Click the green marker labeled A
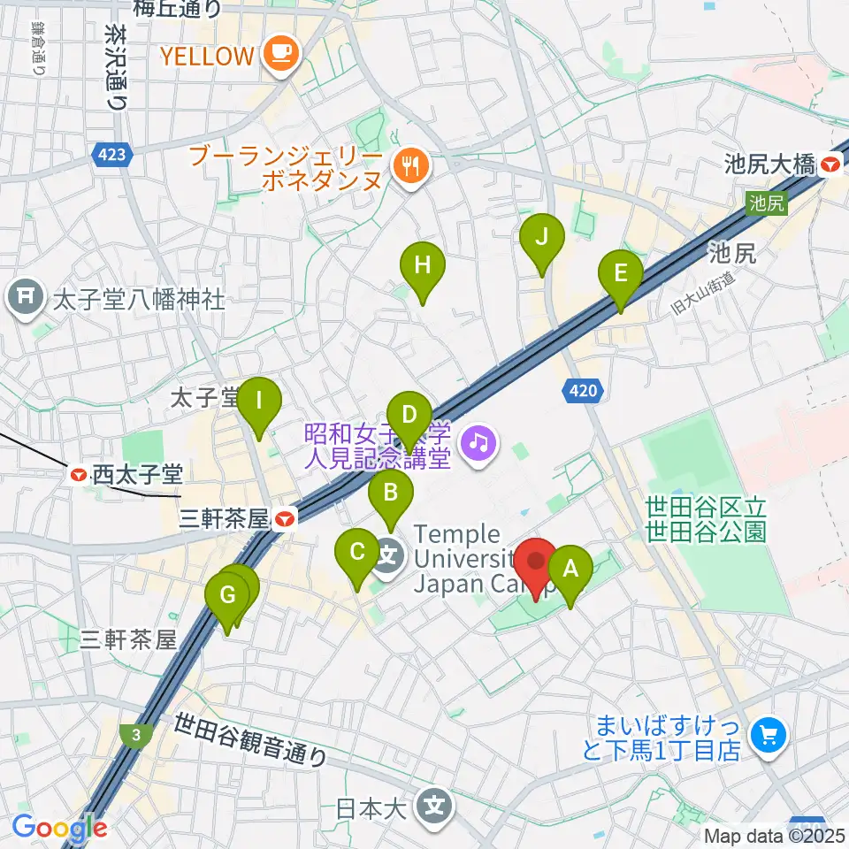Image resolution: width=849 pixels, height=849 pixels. coord(570,569)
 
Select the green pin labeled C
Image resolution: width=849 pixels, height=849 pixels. coord(357,554)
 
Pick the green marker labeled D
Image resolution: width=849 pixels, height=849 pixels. coord(409,417)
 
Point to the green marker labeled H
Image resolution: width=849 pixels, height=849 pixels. coord(423,265)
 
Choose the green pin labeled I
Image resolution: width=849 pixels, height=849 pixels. coord(259,401)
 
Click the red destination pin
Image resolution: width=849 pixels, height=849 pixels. coord(536,563)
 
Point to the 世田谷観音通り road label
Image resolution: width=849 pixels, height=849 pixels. coord(251,738)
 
